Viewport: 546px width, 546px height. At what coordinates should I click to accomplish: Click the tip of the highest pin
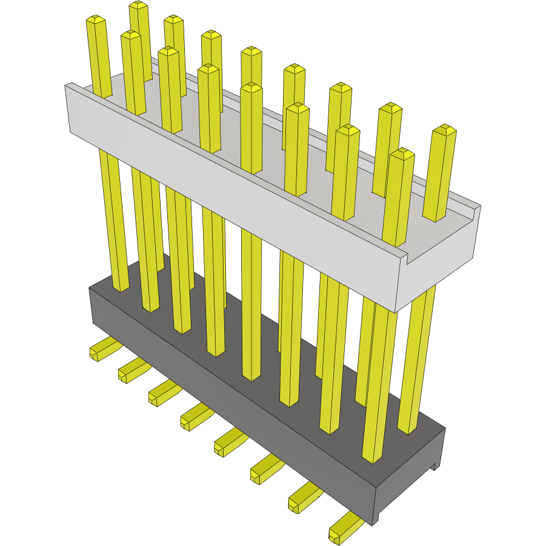point(139,5)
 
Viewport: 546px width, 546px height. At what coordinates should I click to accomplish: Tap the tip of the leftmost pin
point(96,20)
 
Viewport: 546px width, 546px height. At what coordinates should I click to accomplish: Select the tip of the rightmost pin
point(445,130)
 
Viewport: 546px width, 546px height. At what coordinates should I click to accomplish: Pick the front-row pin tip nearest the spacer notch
point(401,154)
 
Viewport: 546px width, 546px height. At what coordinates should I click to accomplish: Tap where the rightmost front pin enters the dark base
point(371,459)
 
